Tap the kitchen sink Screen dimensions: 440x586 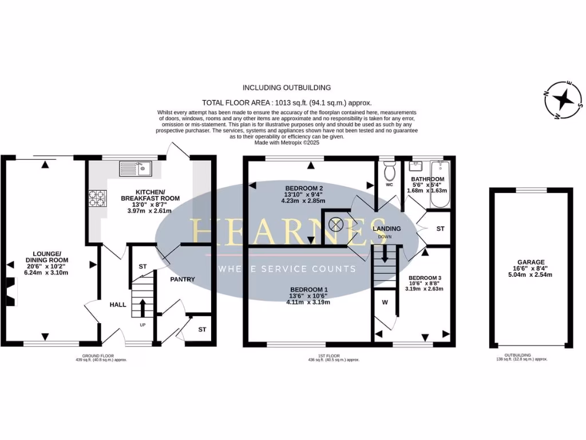pyautogui.click(x=135, y=168)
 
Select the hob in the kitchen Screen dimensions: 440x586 pyautogui.click(x=97, y=198)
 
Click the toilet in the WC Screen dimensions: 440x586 pyautogui.click(x=390, y=170)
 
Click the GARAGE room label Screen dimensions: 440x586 pyautogui.click(x=532, y=261)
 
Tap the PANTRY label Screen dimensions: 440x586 pyautogui.click(x=183, y=280)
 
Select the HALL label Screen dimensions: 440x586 pyautogui.click(x=118, y=304)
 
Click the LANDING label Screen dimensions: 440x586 pyautogui.click(x=387, y=229)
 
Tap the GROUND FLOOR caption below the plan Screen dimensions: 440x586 pyautogui.click(x=92, y=355)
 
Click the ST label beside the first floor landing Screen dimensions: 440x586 pyautogui.click(x=440, y=229)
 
